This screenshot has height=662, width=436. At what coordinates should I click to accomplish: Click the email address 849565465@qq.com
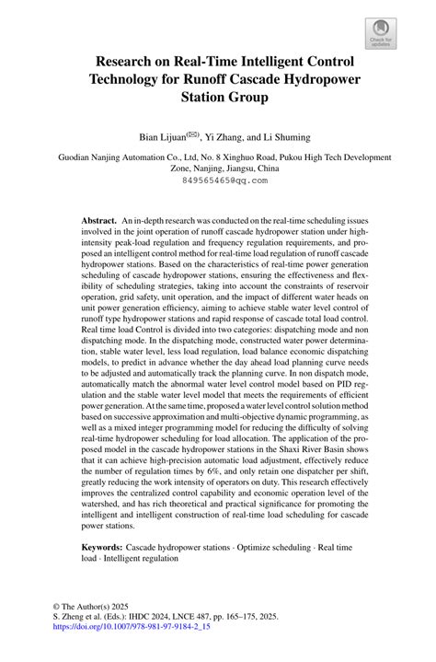tap(218, 181)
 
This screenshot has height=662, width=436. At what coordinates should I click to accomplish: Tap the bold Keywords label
tap(102, 547)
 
